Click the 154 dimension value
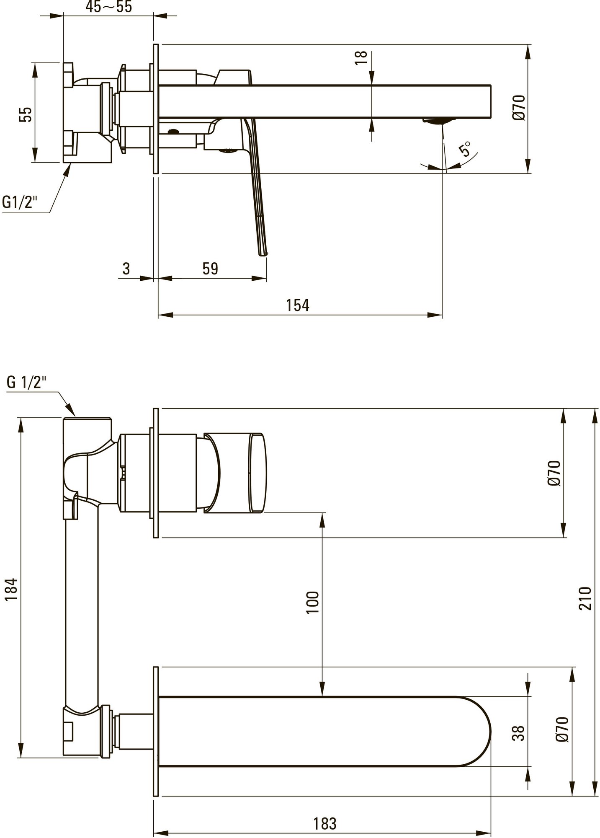click(298, 305)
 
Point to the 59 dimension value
click(210, 269)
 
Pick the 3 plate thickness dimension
click(126, 269)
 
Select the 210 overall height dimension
click(586, 598)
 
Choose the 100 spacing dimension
click(312, 602)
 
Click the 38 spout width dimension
click(518, 733)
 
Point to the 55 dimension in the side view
click(26, 114)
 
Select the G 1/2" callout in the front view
click(27, 382)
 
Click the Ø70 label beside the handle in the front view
click(554, 473)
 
